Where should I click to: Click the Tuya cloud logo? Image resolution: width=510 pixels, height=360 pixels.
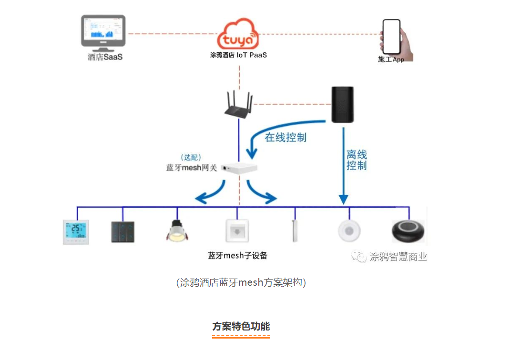pos(238,34)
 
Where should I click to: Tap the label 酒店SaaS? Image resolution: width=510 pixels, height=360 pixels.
pos(105,57)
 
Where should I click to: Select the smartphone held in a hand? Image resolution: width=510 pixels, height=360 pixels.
pos(393,37)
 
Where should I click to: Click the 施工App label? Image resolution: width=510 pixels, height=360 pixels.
pos(391,60)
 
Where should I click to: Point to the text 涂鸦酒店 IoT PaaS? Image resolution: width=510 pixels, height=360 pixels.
pos(238,55)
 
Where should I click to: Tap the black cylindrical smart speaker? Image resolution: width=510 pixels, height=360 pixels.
pos(343,105)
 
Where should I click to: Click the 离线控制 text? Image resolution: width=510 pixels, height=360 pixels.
pos(357,160)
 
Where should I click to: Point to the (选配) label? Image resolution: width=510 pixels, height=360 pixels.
pos(192,157)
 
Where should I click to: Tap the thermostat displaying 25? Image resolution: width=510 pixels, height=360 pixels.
pos(76,232)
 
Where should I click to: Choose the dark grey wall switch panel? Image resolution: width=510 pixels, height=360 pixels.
pos(122,232)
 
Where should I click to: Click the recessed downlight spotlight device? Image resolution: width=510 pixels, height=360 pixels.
pos(177,231)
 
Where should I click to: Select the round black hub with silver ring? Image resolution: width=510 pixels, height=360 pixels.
pos(408,232)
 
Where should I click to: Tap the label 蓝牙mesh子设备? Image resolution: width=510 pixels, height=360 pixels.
pos(238,256)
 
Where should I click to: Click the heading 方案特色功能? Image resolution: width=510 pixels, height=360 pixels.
pos(241,327)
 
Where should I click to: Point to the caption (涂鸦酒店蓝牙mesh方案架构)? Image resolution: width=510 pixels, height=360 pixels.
pos(241,282)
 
